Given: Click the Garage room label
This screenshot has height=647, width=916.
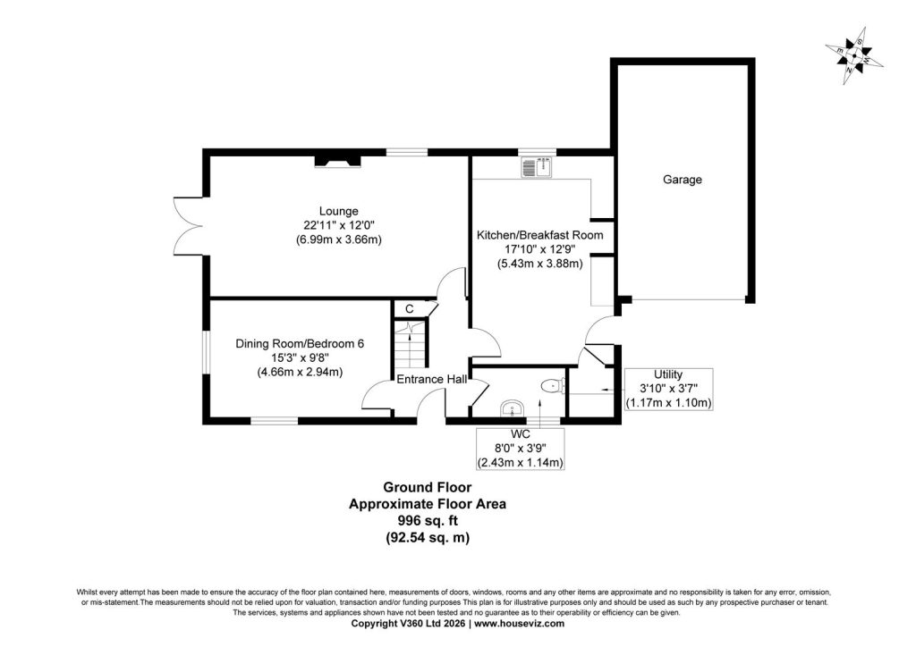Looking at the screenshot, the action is (682, 180).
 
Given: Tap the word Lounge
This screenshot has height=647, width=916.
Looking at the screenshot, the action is (339, 211).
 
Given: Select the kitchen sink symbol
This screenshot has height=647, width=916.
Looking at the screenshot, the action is (538, 166).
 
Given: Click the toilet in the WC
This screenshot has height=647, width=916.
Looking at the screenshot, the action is (553, 385).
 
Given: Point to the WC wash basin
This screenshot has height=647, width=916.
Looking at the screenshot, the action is (513, 409).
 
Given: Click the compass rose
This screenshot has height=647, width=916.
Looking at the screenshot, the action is (854, 56).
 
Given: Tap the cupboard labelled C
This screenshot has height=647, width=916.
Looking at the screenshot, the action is (410, 308).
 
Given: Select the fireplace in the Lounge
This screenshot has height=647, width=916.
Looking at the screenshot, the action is (337, 160).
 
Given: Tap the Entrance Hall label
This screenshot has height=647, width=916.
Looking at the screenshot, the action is (432, 380).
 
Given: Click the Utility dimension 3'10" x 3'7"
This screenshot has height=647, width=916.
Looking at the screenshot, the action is (668, 389).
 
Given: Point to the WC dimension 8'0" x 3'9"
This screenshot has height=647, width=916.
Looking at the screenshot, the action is (520, 449).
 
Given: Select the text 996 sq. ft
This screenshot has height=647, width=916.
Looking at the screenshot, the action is (427, 520).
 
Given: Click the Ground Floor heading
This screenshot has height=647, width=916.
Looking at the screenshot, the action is (427, 487).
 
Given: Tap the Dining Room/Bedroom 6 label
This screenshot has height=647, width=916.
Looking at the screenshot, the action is (300, 344).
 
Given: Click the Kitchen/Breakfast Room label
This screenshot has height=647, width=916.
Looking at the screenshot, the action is (540, 236).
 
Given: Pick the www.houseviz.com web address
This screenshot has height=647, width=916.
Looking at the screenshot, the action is (520, 624).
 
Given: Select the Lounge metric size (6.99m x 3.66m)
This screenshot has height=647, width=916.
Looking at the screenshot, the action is (339, 239).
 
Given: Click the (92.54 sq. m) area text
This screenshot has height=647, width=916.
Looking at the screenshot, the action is (427, 537).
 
